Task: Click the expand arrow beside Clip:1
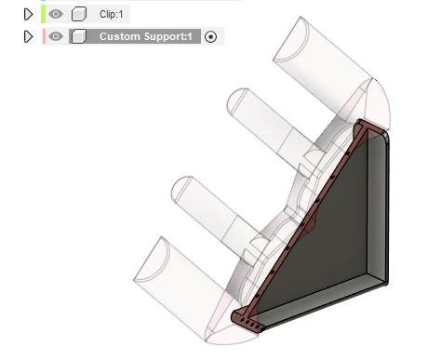28,14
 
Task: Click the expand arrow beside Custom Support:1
28,36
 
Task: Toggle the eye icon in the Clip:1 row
56,14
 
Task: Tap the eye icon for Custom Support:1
56,36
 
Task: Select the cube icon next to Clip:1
79,14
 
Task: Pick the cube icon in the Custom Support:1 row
79,36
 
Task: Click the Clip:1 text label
111,14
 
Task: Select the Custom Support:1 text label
146,36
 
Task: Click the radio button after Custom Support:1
211,37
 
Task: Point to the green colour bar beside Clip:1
43,14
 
